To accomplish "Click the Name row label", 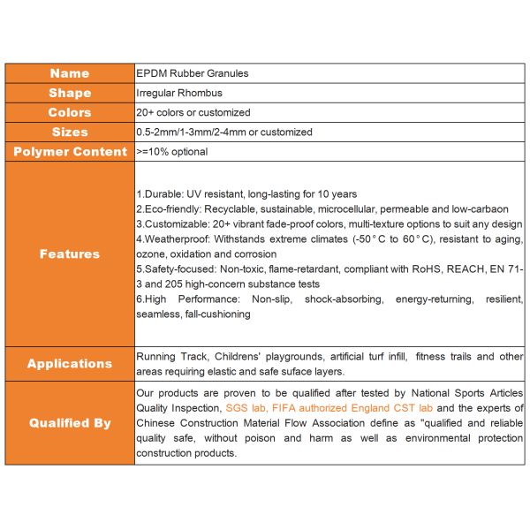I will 70,73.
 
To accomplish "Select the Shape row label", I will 70,93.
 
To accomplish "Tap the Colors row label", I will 70,112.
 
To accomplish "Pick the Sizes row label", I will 70,132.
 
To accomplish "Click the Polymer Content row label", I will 70,151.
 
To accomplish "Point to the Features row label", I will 70,254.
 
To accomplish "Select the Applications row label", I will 70,363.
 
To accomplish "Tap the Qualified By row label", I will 70,422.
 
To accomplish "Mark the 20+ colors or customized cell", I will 193,112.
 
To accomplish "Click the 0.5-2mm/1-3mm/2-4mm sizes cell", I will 224,132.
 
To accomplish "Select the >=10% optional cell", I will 172,151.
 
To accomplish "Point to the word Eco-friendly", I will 173,208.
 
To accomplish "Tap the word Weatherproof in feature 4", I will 175,239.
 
